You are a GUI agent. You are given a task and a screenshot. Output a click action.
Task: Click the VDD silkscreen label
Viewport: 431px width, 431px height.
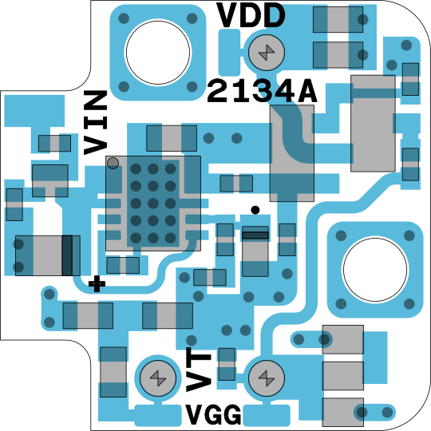(x=251, y=15)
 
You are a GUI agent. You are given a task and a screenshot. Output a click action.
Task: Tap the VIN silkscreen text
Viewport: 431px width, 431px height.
(x=95, y=123)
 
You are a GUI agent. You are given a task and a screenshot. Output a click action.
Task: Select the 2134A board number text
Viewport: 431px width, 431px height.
(x=262, y=91)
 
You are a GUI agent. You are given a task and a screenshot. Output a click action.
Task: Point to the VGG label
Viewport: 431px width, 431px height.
(x=213, y=414)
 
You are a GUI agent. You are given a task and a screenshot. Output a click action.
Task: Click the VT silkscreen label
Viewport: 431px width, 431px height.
(x=199, y=370)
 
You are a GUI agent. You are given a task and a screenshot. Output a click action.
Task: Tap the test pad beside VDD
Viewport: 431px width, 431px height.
(x=267, y=52)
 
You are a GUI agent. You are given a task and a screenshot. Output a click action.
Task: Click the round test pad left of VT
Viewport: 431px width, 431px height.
(x=158, y=378)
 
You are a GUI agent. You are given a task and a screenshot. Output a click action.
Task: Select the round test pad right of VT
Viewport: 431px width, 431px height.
(x=267, y=378)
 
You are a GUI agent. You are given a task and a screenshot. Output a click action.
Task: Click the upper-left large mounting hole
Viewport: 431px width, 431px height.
(x=158, y=52)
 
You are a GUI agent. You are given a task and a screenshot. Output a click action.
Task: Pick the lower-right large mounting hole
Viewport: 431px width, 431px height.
(x=375, y=270)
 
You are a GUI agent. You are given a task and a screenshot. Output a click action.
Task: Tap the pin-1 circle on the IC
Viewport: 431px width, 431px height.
(x=113, y=163)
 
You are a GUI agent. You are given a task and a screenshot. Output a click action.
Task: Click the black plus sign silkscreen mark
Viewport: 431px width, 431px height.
(x=97, y=283)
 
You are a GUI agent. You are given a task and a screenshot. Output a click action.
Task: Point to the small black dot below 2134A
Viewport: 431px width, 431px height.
(x=255, y=210)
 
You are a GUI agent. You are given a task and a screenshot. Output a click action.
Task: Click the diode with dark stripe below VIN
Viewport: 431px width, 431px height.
(x=48, y=255)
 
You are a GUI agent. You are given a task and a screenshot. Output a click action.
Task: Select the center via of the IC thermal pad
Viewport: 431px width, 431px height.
(x=153, y=204)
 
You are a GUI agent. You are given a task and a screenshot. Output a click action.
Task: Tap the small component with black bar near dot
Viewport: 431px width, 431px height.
(x=255, y=251)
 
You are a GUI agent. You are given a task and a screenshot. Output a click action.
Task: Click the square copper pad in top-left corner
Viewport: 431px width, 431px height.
(x=34, y=111)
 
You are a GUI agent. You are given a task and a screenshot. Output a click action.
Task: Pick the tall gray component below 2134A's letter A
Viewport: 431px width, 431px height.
(x=292, y=153)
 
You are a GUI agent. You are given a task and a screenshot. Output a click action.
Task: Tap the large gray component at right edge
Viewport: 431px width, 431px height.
(x=373, y=124)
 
